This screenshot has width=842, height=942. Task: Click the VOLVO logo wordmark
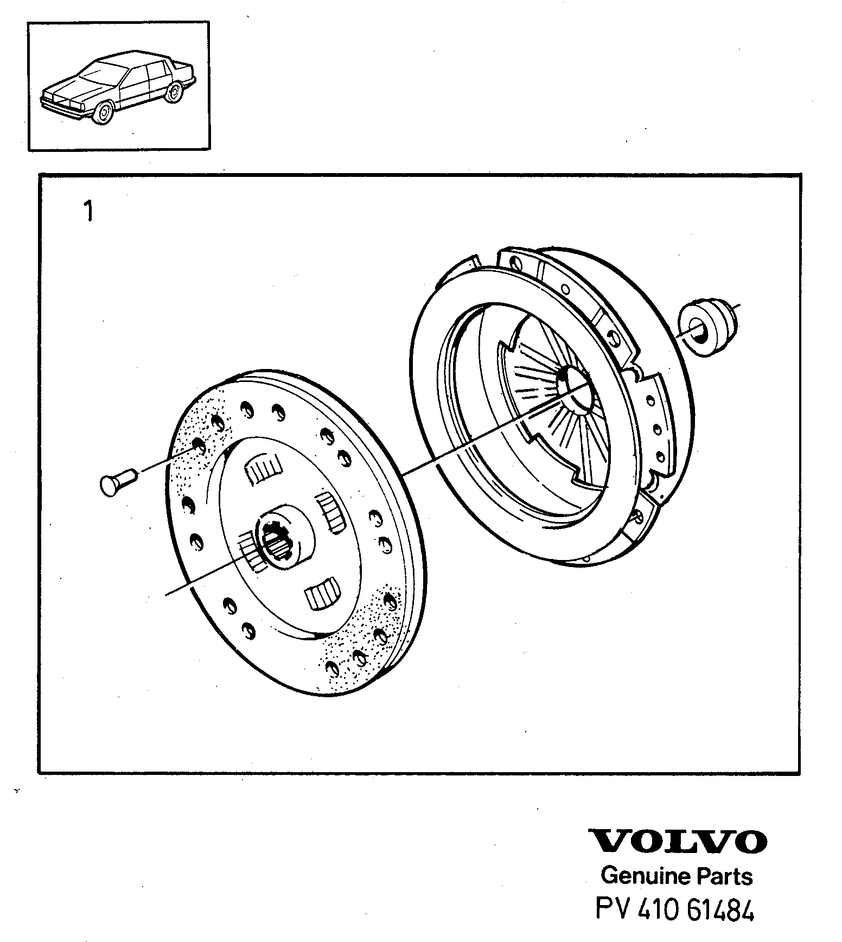tap(678, 841)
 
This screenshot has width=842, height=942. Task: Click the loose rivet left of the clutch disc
tap(119, 481)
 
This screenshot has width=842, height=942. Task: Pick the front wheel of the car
tap(103, 113)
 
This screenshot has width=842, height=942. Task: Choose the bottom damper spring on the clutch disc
tap(323, 595)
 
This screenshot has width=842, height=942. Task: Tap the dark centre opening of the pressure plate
tap(575, 386)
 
